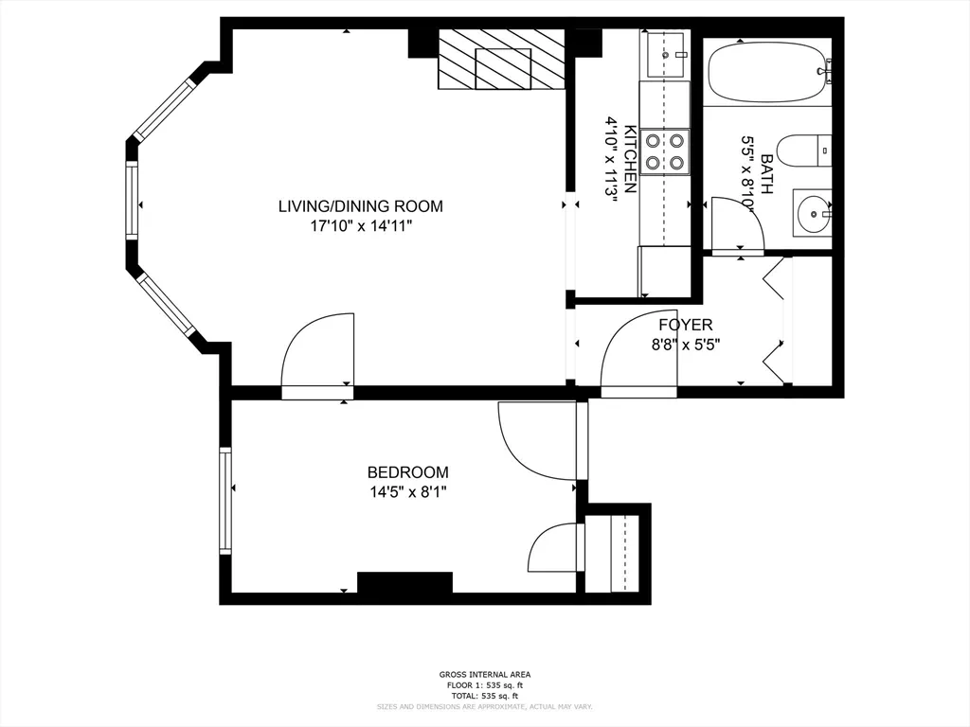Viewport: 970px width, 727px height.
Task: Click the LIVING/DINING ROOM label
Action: click(x=360, y=205)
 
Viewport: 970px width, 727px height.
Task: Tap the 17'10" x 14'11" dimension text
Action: click(x=360, y=226)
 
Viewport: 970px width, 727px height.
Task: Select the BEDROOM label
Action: click(x=407, y=471)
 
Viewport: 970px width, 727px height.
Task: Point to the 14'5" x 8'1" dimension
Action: click(x=407, y=491)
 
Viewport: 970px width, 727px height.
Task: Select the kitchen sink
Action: click(x=665, y=54)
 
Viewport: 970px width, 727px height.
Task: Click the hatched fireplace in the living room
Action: click(x=501, y=59)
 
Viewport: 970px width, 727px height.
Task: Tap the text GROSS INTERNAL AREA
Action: click(x=484, y=674)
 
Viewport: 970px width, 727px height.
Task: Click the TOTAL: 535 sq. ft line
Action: click(x=484, y=696)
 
